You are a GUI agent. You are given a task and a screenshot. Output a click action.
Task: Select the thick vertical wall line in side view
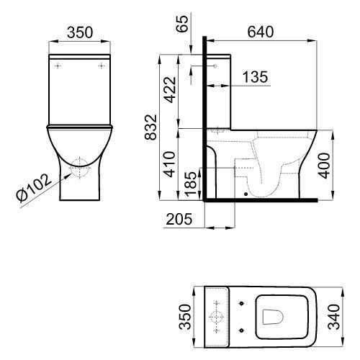tap(205, 115)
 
